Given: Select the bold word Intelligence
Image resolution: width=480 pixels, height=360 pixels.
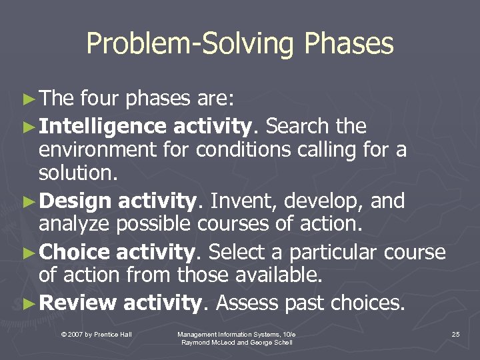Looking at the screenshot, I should tap(103, 125).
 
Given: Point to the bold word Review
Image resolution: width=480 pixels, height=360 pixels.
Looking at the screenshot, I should tap(77, 303).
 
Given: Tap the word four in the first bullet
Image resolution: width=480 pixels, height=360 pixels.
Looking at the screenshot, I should tap(99, 99).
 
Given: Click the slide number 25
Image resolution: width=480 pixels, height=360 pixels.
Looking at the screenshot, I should tap(455, 334).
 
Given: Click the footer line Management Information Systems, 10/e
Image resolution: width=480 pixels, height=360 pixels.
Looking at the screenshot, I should tap(237, 333).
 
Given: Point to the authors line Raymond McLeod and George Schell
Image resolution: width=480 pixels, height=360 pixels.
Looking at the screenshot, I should tap(237, 342).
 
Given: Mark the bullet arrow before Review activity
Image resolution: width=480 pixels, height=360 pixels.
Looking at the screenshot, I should tap(27, 304).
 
